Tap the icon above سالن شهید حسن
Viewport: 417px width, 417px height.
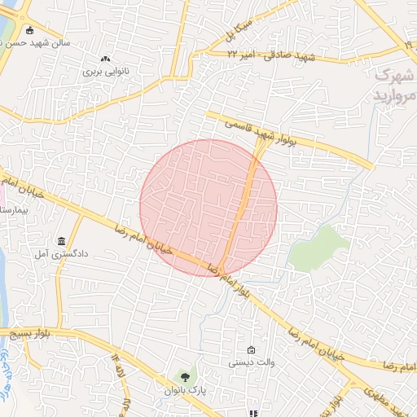(x=30, y=31)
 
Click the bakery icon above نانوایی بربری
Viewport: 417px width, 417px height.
(x=104, y=59)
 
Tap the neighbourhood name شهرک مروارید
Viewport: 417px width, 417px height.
(x=394, y=85)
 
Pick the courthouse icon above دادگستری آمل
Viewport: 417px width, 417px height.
(x=62, y=242)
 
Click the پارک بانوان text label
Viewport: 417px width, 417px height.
(x=187, y=391)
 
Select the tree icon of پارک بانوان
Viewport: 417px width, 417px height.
(x=187, y=377)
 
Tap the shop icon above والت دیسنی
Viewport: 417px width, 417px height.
(x=251, y=349)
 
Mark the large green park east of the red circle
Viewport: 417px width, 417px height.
(x=319, y=247)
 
